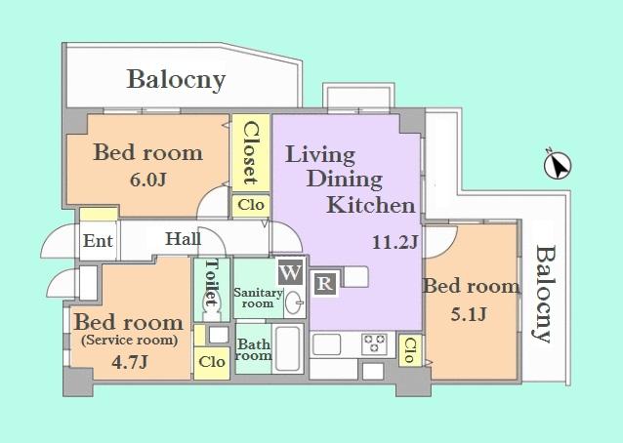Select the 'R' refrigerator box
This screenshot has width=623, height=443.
(x=323, y=285)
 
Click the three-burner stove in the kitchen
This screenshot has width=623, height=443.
(x=375, y=344)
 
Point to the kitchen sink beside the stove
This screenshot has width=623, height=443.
(x=327, y=344)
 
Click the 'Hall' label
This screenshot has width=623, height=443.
(x=184, y=238)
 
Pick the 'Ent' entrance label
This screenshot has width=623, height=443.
(x=96, y=240)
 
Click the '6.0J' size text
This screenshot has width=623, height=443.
(x=146, y=182)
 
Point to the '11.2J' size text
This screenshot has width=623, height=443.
(x=395, y=241)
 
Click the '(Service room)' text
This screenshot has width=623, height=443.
(x=129, y=341)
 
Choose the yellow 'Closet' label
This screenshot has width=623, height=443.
(x=250, y=152)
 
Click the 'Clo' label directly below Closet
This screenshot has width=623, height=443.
(x=250, y=205)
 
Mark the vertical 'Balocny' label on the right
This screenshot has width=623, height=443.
(x=543, y=293)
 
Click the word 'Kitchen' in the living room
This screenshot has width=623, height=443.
(x=370, y=205)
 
